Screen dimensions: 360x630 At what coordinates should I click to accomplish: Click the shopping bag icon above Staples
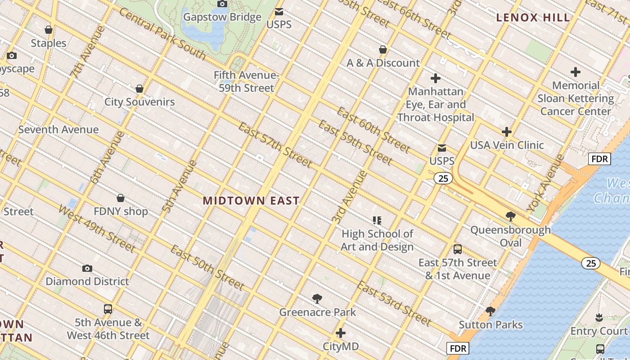click(49, 30)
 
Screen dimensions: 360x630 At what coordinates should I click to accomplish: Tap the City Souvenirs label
click(139, 102)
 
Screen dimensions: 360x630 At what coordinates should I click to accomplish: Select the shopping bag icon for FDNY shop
click(121, 198)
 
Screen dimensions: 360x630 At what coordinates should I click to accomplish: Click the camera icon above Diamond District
click(87, 268)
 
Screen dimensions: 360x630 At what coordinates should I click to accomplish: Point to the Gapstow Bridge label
click(222, 17)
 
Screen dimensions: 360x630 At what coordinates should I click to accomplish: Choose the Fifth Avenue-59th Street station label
click(247, 81)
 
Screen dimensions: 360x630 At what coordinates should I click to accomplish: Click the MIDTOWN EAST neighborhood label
click(251, 201)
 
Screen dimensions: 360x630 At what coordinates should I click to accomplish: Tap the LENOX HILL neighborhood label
click(533, 18)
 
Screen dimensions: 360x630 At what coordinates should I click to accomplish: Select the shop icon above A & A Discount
click(383, 49)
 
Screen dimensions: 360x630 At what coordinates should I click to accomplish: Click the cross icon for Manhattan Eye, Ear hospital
click(435, 78)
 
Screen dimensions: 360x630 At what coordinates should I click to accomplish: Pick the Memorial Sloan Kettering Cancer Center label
click(576, 98)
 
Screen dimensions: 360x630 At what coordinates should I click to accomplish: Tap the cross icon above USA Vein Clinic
click(507, 132)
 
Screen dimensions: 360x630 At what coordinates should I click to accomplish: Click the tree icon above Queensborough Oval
click(510, 216)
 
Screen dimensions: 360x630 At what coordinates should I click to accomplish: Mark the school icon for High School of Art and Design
click(377, 220)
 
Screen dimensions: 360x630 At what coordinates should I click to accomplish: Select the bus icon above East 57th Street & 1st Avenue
click(458, 249)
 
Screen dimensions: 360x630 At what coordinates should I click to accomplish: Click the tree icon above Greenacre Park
click(317, 299)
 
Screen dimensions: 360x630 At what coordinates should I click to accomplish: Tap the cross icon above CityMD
click(341, 333)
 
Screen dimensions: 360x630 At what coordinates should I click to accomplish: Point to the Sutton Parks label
click(490, 324)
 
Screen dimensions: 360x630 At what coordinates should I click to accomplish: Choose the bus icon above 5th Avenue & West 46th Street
click(108, 309)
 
